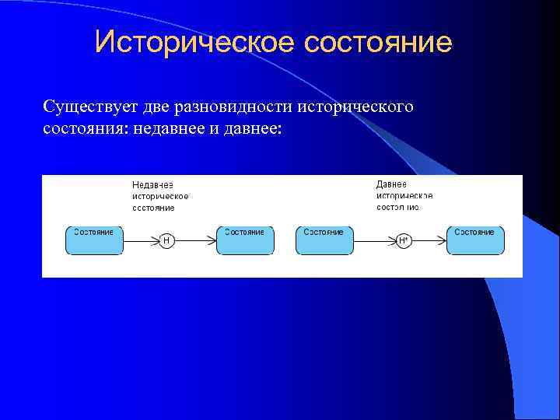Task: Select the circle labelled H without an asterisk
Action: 166,241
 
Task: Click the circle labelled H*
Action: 403,241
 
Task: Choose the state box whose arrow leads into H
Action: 94,240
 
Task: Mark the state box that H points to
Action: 245,240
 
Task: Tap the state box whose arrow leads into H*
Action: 324,240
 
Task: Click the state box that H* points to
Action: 475,240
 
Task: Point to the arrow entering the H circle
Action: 142,241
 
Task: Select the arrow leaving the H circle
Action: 194,241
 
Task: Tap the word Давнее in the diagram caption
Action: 391,184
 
